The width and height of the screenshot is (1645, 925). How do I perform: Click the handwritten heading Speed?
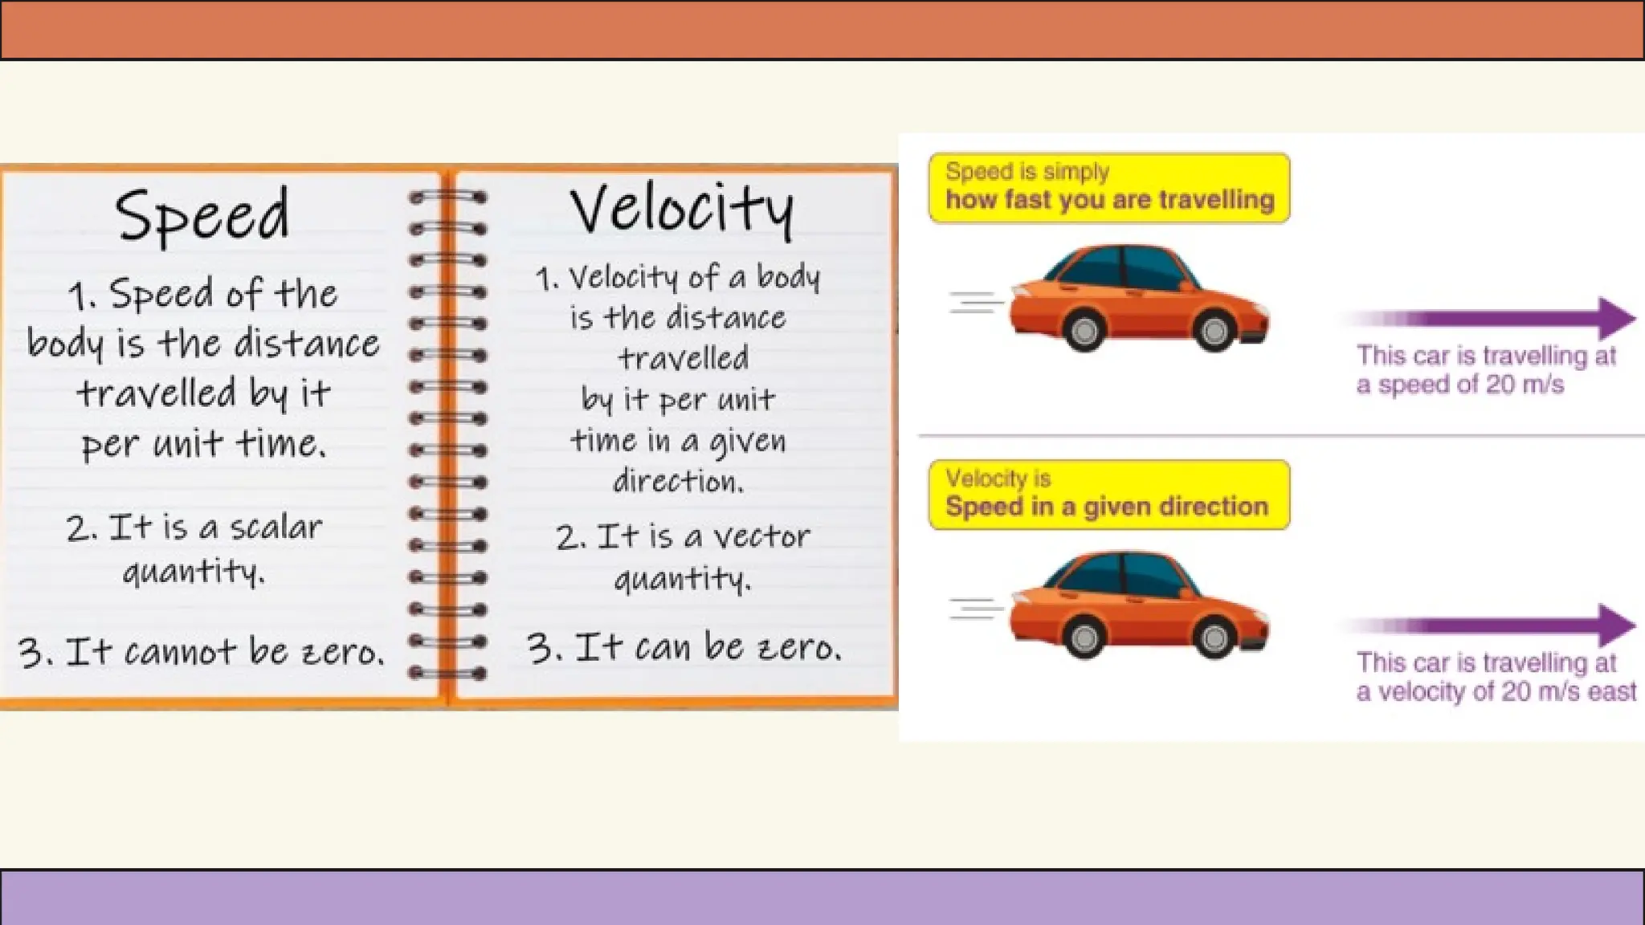[x=202, y=215]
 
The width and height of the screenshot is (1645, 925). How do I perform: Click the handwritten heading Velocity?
[x=681, y=209]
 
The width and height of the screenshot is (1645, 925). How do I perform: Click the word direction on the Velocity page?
[x=678, y=481]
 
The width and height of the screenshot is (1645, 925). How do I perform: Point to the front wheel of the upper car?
[x=1214, y=330]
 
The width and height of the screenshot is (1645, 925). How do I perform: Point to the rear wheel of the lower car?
[x=1084, y=637]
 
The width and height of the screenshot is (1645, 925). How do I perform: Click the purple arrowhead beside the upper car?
[x=1616, y=318]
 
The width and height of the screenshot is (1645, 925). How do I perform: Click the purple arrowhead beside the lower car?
[x=1616, y=625]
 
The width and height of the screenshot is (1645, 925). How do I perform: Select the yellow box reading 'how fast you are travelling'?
[x=1109, y=188]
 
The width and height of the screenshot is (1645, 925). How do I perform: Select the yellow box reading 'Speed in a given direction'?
[x=1109, y=495]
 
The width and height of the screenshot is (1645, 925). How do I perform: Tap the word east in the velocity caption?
[x=1612, y=691]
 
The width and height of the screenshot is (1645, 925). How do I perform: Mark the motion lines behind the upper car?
[x=976, y=303]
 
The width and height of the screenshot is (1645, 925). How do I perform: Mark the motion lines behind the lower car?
[x=976, y=609]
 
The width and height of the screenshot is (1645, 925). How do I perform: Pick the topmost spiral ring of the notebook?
[x=447, y=197]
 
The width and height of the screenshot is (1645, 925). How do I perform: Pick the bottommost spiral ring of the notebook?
[x=447, y=673]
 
